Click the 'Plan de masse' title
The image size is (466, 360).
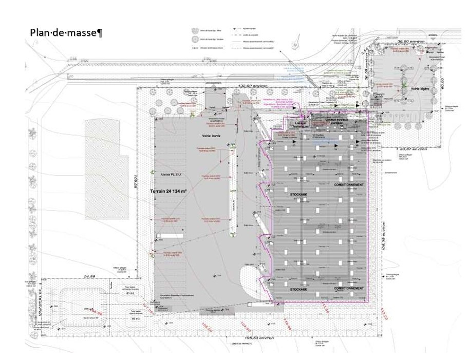(x=66, y=33)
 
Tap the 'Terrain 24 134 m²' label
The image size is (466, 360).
(x=168, y=191)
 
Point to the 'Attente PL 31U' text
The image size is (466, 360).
(x=171, y=175)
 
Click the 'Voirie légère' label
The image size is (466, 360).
(x=419, y=89)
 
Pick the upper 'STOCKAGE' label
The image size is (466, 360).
(x=297, y=195)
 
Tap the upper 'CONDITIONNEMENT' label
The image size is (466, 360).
(x=349, y=184)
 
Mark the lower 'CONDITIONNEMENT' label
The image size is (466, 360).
(x=349, y=289)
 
